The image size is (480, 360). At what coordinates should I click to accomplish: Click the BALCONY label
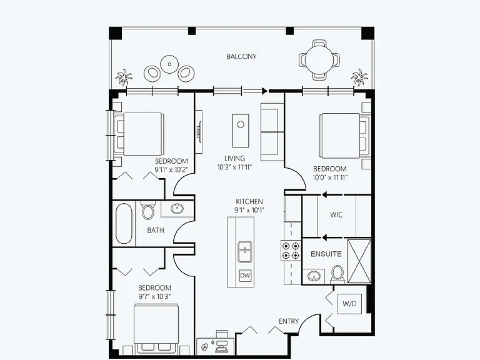click(241, 57)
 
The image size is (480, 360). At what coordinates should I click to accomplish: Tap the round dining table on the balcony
click(319, 59)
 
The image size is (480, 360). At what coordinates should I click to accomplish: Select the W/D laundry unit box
click(349, 304)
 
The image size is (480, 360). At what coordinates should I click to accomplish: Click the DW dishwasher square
click(245, 276)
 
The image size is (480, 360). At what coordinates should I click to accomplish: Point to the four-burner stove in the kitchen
click(290, 251)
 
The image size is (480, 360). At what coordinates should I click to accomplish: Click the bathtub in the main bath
click(124, 224)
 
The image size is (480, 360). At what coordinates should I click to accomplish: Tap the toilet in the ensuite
click(337, 273)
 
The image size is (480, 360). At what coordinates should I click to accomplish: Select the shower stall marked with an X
click(359, 261)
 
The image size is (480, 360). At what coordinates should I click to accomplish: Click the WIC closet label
click(336, 214)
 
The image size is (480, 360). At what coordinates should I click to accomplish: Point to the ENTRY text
click(289, 321)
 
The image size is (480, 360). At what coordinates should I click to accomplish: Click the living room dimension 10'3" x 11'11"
click(234, 167)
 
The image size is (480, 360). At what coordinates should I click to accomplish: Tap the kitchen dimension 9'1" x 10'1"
click(249, 210)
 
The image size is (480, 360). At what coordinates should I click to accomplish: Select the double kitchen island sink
click(245, 252)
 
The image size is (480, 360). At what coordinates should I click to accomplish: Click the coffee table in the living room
click(240, 131)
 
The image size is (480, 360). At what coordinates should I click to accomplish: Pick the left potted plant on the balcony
click(124, 77)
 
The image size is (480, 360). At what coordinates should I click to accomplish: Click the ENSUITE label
click(326, 254)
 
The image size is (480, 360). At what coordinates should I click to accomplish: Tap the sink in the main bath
click(177, 209)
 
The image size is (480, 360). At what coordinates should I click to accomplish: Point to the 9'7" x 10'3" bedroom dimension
click(154, 296)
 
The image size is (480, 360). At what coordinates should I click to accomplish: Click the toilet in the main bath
click(148, 210)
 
